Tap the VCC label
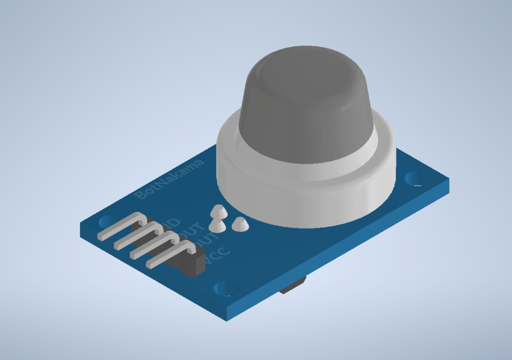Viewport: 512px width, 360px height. pyautogui.click(x=217, y=255)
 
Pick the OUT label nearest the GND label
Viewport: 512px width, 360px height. pyautogui.click(x=193, y=231)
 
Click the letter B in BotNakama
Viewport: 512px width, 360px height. pyautogui.click(x=142, y=194)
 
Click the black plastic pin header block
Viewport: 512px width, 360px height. pyautogui.click(x=191, y=264)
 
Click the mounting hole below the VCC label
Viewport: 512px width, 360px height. pyautogui.click(x=224, y=289)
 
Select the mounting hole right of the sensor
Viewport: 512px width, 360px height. pyautogui.click(x=415, y=178)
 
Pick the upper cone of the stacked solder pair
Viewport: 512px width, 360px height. pyautogui.click(x=217, y=211)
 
